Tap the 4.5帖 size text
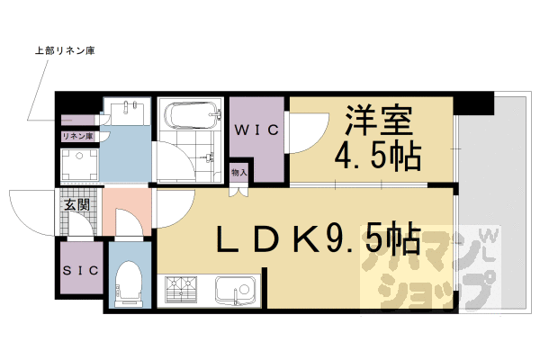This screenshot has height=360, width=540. [x=379, y=157]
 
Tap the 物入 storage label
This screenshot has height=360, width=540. [x=238, y=172]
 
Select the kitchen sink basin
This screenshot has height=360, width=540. [x=237, y=292]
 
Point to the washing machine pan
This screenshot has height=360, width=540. [x=77, y=165]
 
